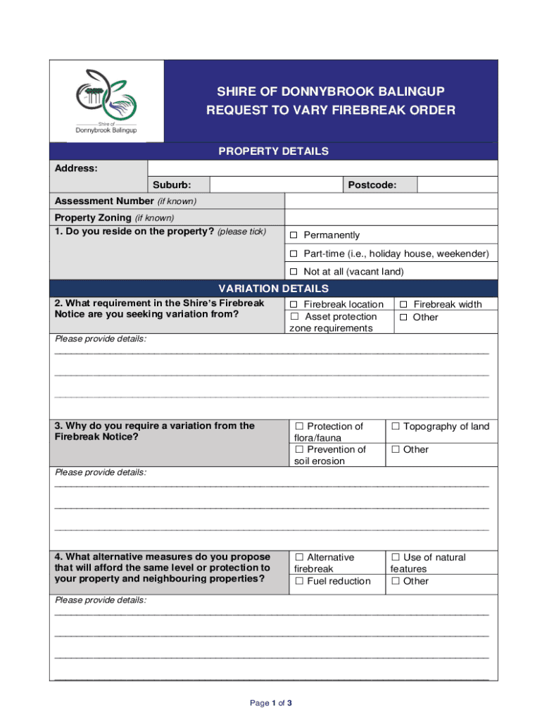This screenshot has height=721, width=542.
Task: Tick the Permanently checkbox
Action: (x=294, y=235)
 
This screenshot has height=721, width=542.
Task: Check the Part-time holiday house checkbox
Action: (x=294, y=253)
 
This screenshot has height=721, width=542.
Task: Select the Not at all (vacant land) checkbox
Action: (x=294, y=272)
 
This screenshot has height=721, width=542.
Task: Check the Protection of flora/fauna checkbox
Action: (x=299, y=427)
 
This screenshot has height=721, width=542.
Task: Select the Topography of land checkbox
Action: (x=396, y=427)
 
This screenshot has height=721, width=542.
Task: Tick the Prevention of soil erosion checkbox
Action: (x=299, y=450)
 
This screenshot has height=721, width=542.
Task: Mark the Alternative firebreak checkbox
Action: (x=299, y=558)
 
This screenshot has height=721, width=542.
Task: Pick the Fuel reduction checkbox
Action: (x=299, y=582)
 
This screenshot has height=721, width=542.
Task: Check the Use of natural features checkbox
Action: (x=396, y=558)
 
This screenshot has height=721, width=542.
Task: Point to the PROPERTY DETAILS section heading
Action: (x=273, y=151)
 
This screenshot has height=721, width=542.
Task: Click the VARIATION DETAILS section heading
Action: (x=273, y=289)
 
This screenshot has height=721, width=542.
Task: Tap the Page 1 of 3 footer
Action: (x=271, y=703)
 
